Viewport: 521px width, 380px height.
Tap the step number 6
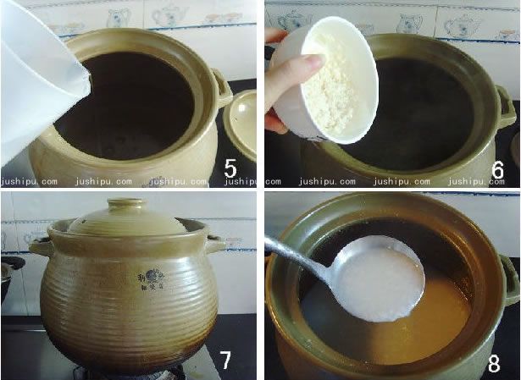pyautogui.click(x=497, y=169)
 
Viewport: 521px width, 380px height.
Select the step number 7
pyautogui.click(x=226, y=359)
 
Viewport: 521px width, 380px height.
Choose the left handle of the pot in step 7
pyautogui.click(x=41, y=246)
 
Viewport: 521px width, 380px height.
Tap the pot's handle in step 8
pyautogui.click(x=510, y=279)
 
